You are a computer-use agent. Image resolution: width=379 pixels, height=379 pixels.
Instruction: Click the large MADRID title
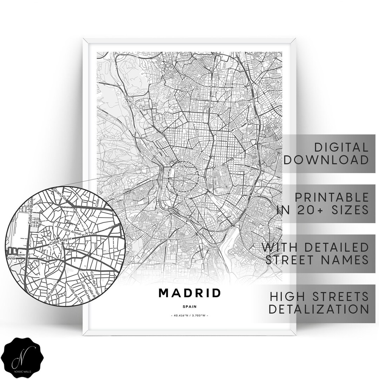coord(190,293)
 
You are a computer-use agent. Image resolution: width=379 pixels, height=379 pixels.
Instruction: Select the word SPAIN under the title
coord(190,306)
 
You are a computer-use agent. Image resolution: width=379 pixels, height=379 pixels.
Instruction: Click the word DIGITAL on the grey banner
coord(341,147)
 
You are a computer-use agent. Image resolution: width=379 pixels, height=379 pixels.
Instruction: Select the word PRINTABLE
coord(332,197)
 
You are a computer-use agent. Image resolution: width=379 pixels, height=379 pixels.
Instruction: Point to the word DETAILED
coord(336,247)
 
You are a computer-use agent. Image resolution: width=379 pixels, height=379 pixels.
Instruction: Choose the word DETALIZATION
coord(319,309)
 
